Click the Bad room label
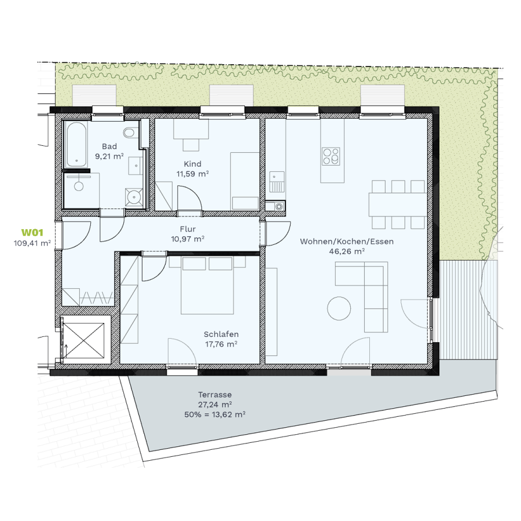coord(109,146)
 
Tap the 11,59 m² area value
coord(192,174)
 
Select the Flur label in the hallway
coord(188,229)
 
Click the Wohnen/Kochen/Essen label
coord(347,241)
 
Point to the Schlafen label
coord(221,334)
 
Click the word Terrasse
coord(215,395)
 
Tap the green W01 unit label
coord(32,232)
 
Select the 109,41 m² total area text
coord(32,243)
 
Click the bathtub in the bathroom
coord(76,144)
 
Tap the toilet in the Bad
coord(129,133)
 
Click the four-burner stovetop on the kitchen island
coord(331,156)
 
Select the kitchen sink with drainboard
coord(277,182)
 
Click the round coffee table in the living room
coord(339,309)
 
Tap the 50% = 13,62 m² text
coord(215,414)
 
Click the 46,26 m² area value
coord(347,251)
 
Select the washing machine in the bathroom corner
coord(134,197)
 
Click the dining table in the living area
coord(398,204)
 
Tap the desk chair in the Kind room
coord(191,145)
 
